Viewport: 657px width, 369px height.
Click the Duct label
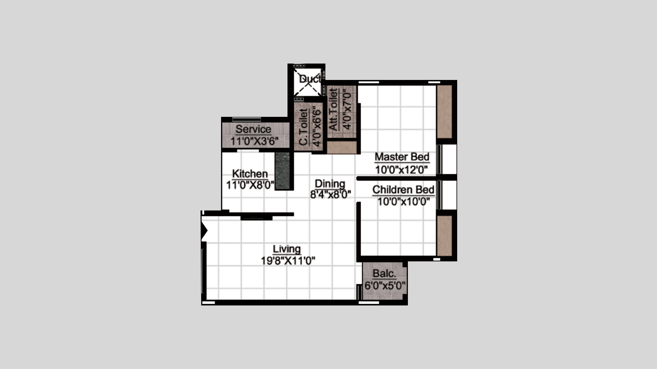(x=310, y=79)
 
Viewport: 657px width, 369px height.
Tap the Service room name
(x=253, y=129)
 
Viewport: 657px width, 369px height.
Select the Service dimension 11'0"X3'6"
(x=254, y=141)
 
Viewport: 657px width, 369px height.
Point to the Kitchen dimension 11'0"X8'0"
(x=250, y=185)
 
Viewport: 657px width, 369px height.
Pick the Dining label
(x=330, y=183)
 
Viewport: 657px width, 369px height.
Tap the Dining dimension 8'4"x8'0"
(x=331, y=195)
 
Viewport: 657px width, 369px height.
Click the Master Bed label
(x=402, y=157)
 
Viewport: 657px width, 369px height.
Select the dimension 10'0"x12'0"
(x=402, y=169)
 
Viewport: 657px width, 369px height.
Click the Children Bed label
(x=403, y=190)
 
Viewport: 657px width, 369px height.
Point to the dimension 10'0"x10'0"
(x=404, y=202)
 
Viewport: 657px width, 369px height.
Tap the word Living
(x=287, y=249)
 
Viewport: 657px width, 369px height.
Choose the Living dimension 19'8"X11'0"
(x=288, y=261)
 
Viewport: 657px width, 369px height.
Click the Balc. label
(x=385, y=273)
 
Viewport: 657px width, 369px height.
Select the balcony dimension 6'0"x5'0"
(x=385, y=285)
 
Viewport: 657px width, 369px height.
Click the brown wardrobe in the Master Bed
(x=445, y=112)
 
